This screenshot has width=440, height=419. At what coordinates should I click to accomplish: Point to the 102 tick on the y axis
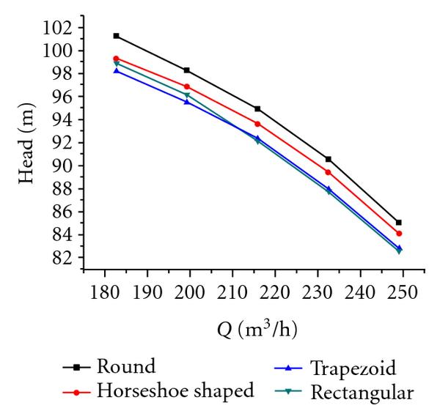[61, 29]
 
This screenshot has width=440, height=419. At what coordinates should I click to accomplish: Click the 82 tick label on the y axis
[65, 259]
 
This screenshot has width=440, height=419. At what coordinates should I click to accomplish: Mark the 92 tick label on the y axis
[65, 144]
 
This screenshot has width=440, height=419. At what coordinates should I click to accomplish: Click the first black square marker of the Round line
[116, 36]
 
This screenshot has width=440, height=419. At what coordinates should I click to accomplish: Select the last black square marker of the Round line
[399, 222]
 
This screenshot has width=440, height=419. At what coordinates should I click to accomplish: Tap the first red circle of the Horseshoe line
[116, 59]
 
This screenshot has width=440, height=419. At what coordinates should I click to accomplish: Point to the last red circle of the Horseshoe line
[399, 234]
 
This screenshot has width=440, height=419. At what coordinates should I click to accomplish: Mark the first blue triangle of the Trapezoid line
[116, 70]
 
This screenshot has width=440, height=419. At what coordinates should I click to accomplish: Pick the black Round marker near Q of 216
[257, 109]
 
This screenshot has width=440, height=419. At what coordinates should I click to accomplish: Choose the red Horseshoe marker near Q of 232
[328, 172]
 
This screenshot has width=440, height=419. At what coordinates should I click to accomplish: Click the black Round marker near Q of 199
[187, 70]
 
